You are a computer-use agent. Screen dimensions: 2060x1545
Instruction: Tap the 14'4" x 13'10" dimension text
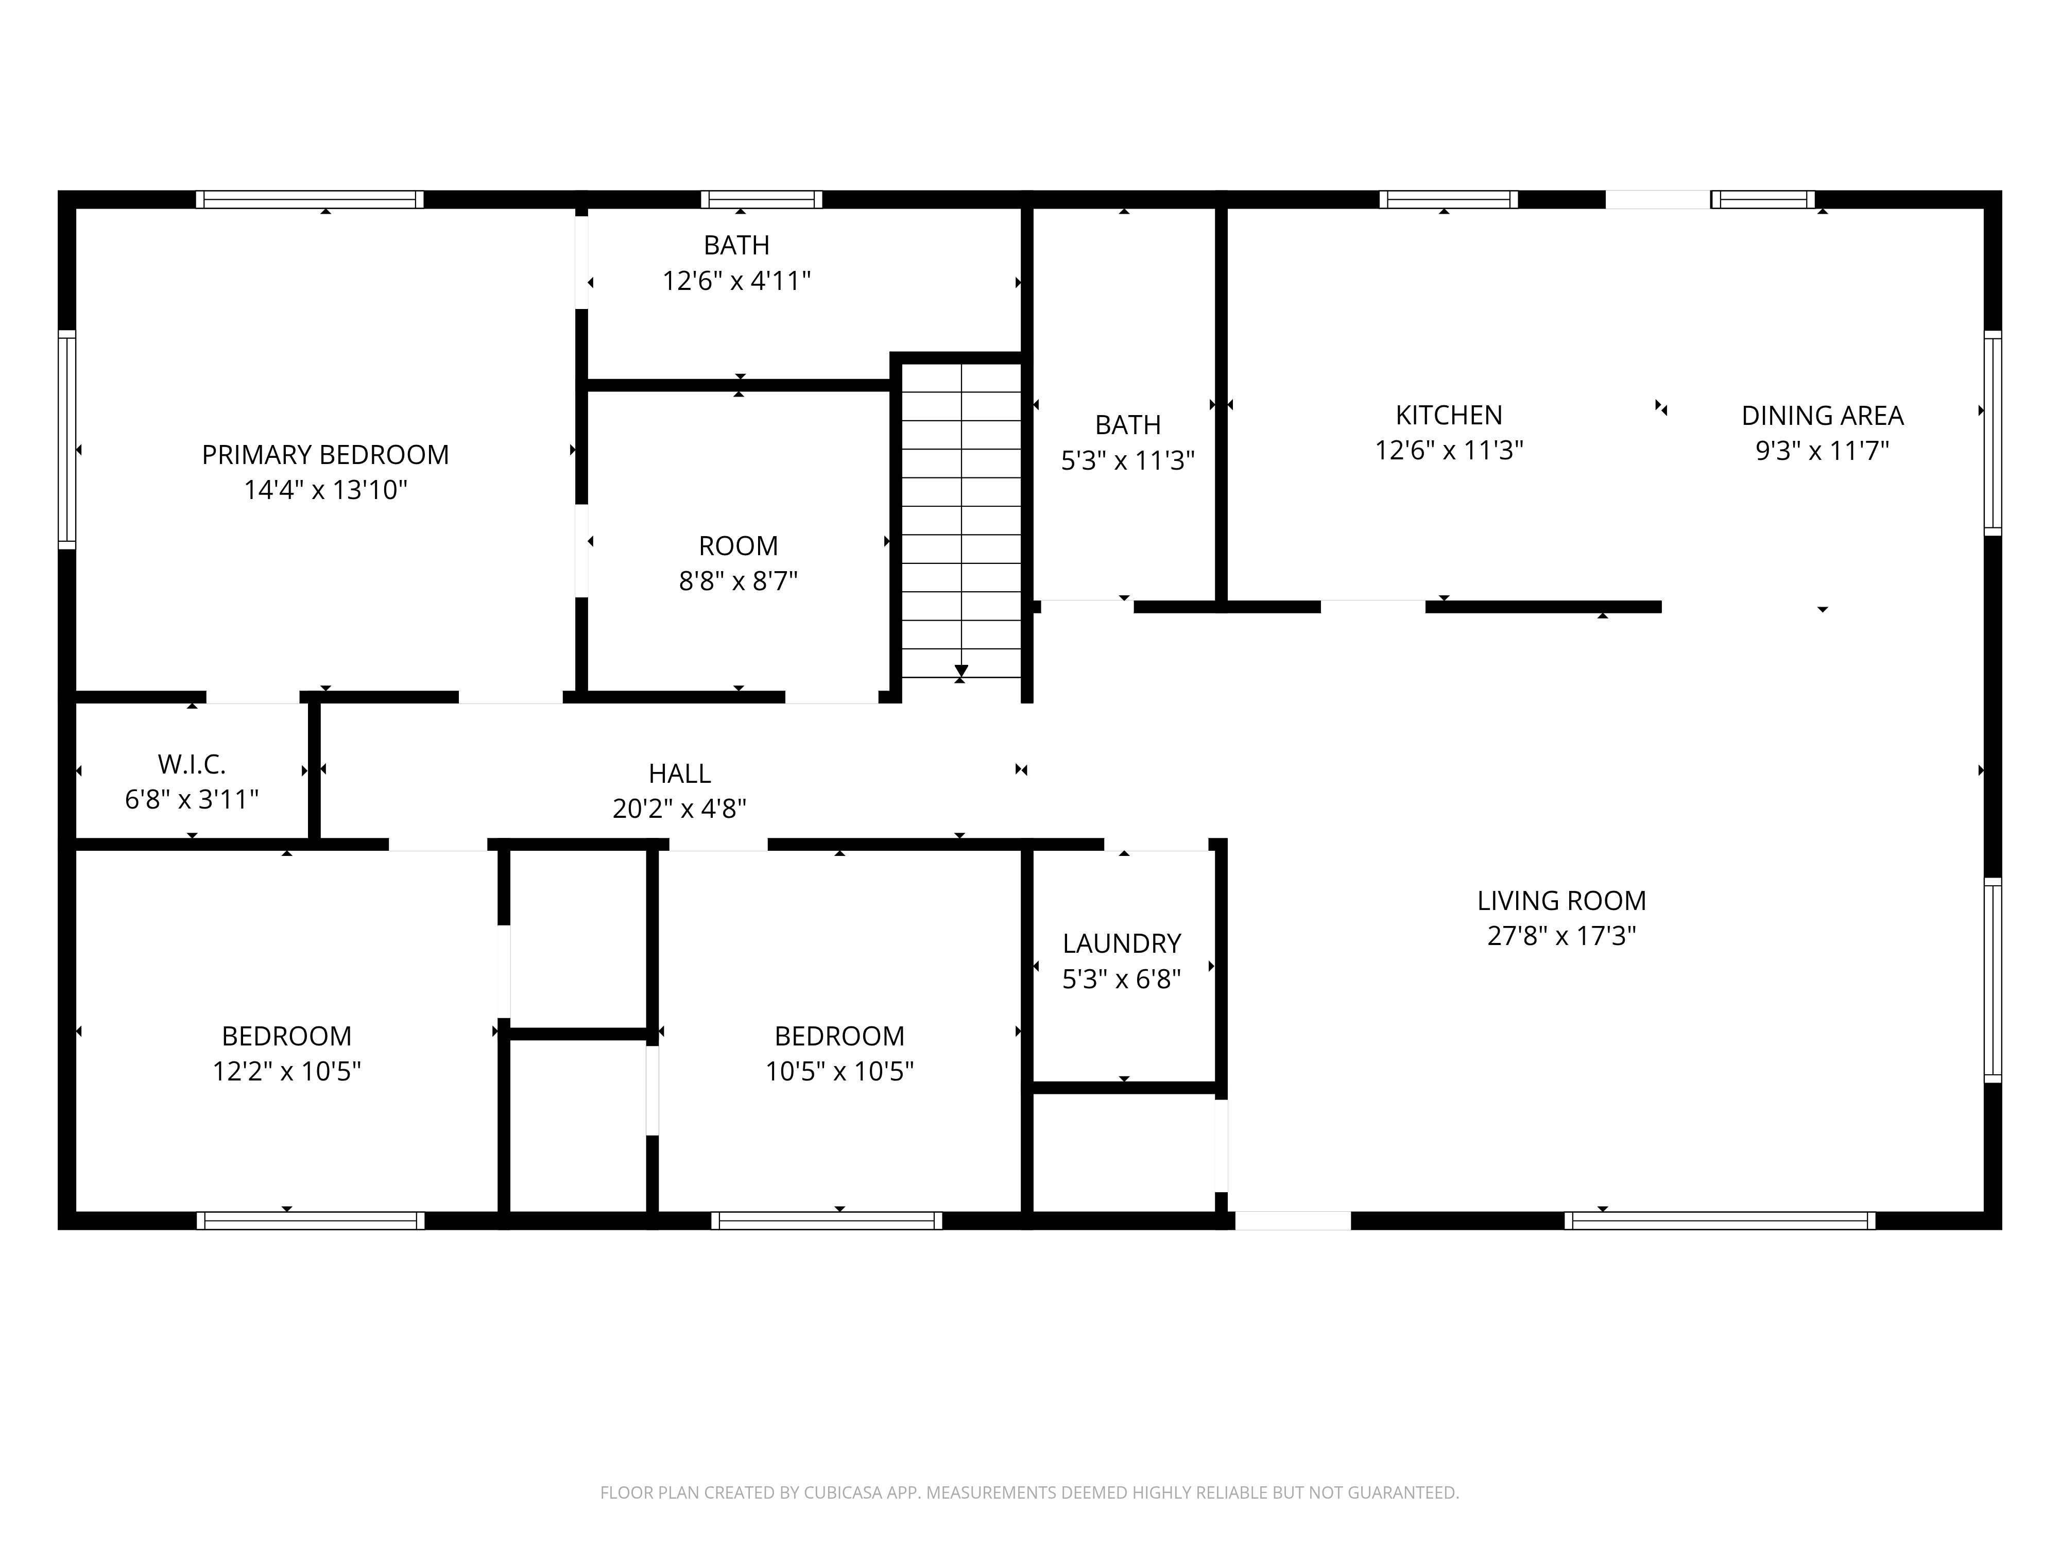tap(326, 490)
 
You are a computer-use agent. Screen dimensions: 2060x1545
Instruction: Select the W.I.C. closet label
tap(192, 765)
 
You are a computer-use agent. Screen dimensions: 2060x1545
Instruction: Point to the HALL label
tap(680, 774)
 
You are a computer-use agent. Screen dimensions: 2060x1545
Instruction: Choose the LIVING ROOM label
tap(1562, 901)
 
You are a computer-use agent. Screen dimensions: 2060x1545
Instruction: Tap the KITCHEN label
tap(1449, 416)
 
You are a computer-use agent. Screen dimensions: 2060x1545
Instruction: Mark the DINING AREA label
tap(1823, 416)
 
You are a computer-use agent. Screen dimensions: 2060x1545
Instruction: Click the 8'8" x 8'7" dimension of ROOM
tap(739, 581)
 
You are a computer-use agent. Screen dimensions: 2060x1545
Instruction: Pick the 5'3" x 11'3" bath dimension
tap(1128, 460)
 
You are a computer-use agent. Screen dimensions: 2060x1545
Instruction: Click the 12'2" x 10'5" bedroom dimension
tap(287, 1071)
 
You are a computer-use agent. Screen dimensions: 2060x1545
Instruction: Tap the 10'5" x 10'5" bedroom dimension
tap(839, 1071)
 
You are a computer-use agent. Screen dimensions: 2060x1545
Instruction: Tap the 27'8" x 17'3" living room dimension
tap(1562, 936)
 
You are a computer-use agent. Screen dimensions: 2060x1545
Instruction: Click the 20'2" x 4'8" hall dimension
tap(680, 809)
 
